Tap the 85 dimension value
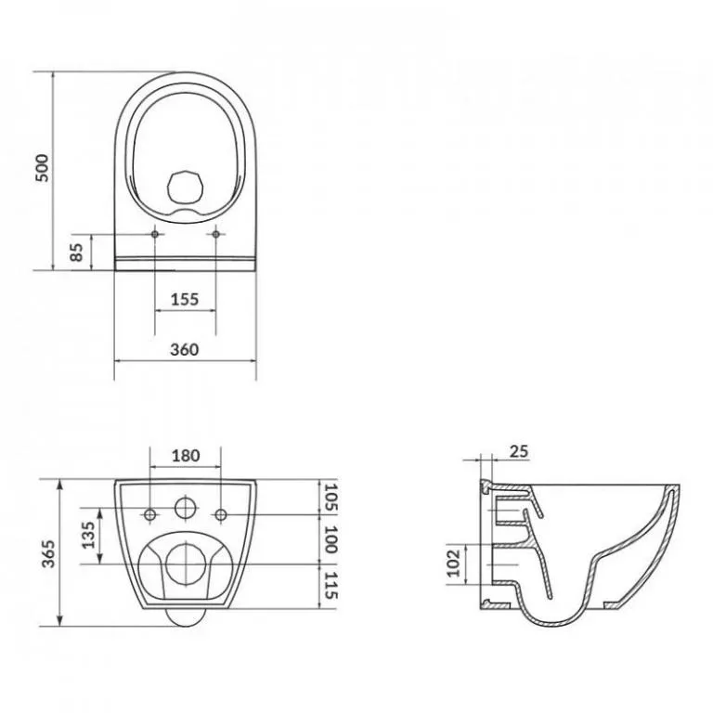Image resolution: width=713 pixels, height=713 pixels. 77,253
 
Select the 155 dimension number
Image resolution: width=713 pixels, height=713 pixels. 185,299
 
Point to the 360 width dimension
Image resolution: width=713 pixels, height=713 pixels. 185,349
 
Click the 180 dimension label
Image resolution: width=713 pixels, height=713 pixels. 186,455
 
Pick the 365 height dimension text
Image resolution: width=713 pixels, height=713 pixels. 48,553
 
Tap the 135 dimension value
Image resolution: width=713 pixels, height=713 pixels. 89,535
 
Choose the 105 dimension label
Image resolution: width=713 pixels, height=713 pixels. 331,498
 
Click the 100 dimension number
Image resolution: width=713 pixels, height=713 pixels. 331,539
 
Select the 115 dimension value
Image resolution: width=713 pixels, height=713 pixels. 331,586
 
